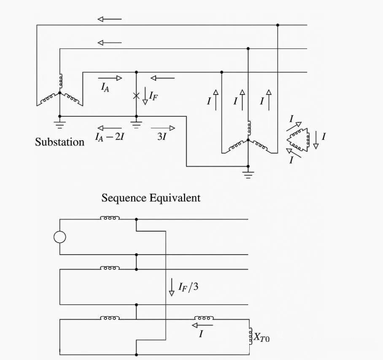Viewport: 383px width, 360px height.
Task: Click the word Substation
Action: [x=59, y=142]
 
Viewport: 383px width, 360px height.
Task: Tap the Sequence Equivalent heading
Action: [x=151, y=198]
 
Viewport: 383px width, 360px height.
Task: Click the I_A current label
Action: [x=105, y=87]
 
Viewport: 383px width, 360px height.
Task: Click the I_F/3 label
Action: [x=188, y=288]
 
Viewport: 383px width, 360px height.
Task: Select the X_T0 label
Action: [x=261, y=337]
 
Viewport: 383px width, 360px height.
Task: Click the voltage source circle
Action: [x=60, y=237]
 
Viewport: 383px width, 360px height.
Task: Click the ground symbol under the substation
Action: [x=60, y=124]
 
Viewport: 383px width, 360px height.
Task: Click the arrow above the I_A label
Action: [x=110, y=78]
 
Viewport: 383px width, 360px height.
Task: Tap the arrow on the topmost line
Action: [x=109, y=19]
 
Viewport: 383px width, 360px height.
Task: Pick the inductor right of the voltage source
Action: [x=110, y=218]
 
